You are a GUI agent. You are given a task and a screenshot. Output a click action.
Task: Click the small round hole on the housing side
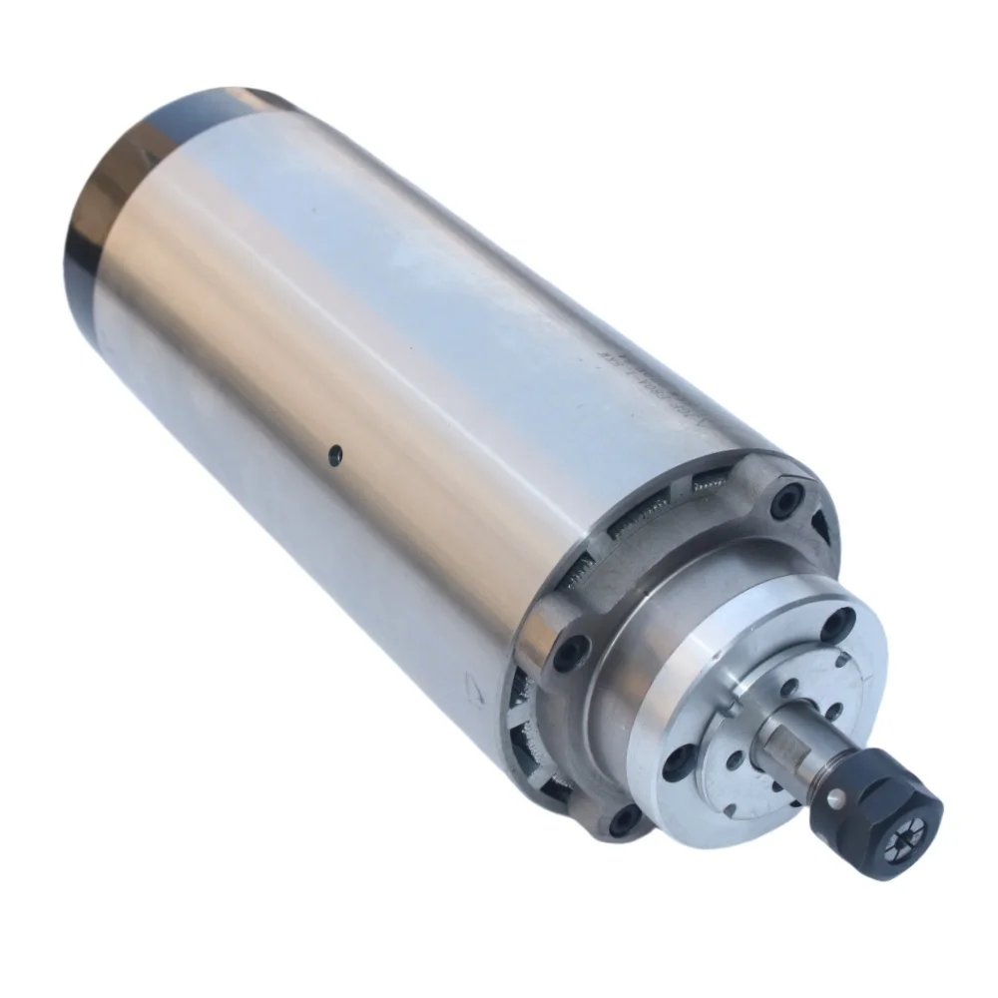coord(337,454)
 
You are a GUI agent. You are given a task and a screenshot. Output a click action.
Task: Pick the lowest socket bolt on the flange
coord(626,820)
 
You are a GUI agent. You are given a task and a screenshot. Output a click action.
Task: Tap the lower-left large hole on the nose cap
coord(678,762)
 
